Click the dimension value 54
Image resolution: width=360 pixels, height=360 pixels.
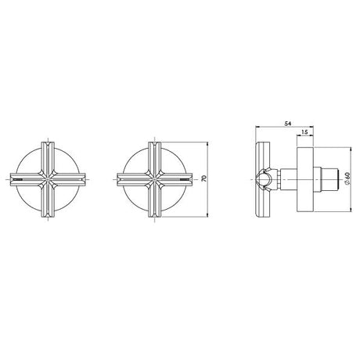[x=287, y=124]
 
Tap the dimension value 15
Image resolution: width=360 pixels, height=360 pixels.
[x=304, y=131]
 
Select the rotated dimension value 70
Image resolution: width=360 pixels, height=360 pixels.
[x=204, y=178]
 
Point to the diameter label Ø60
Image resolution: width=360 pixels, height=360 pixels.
[x=347, y=180]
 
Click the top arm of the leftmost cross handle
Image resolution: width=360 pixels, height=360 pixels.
[x=49, y=157]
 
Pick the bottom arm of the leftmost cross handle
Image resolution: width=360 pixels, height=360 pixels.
[x=49, y=202]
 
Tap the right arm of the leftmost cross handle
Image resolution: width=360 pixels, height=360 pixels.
[x=70, y=180]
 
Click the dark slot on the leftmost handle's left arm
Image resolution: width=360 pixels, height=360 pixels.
[x=18, y=180]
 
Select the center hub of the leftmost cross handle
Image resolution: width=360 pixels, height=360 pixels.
[x=49, y=180]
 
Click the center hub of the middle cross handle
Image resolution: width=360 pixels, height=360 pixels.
[x=155, y=180]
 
